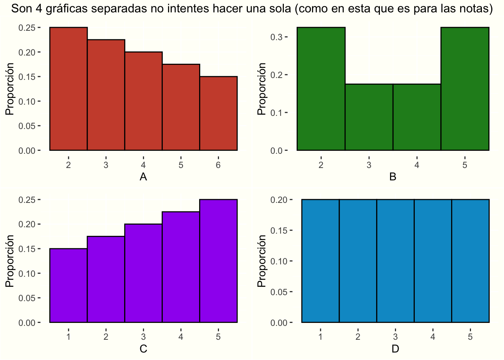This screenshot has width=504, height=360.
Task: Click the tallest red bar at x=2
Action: [68, 88]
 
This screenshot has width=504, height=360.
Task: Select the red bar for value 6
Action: [219, 113]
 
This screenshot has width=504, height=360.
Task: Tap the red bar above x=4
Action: [144, 101]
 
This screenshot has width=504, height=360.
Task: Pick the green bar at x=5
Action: [465, 88]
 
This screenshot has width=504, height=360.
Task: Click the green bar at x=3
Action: [369, 117]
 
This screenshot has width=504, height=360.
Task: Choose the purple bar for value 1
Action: [68, 285]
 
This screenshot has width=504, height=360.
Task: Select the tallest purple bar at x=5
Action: [219, 261]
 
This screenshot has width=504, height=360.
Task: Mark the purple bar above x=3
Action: [144, 273]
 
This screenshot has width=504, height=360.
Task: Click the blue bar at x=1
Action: [320, 261]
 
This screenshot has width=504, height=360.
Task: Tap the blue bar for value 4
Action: [433, 261]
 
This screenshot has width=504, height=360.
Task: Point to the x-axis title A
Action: [143, 177]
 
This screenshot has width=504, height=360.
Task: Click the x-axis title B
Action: [393, 177]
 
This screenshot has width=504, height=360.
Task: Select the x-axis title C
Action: [143, 349]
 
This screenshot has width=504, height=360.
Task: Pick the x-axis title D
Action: [395, 349]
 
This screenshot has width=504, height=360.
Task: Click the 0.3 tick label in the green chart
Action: [276, 37]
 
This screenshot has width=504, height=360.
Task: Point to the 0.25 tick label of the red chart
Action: [27, 28]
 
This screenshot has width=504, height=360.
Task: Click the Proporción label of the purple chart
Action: [10, 261]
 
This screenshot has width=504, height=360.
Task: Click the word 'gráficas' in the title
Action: [67, 9]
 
